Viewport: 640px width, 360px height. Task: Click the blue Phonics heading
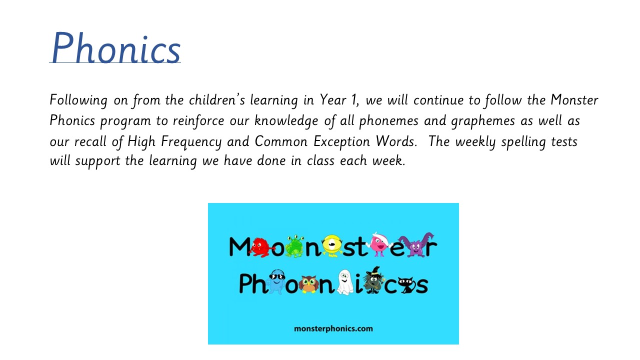point(115,47)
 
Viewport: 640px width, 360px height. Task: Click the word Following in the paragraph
point(78,100)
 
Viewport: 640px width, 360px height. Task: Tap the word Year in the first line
point(332,99)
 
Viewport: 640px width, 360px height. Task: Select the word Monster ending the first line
point(574,99)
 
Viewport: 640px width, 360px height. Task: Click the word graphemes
point(483,121)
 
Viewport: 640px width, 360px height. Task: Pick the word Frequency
point(191,142)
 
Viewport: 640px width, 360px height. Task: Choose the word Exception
point(341,142)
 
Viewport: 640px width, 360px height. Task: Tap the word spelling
point(523,142)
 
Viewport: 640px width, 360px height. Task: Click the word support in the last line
point(97,161)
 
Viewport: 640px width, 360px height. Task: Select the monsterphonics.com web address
point(333,329)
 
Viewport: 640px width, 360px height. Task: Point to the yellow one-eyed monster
point(331,245)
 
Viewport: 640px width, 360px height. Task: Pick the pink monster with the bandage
point(379,244)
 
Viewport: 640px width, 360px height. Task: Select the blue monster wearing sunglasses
point(275,281)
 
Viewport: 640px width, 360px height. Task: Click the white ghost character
point(344,282)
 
